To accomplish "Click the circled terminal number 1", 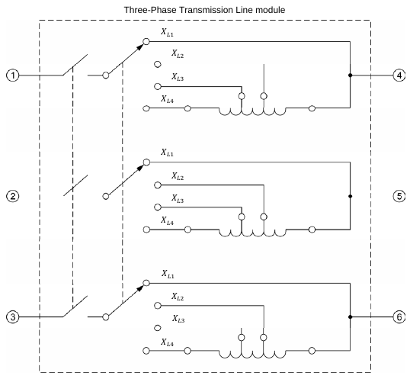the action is coord(12,75).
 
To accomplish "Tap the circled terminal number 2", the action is coord(12,196).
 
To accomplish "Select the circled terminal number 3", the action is coord(12,317).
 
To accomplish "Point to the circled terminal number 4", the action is coord(399,75).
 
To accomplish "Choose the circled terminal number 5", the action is coord(399,196).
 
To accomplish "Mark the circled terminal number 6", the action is coord(399,317).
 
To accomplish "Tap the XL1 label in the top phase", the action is coord(167,33).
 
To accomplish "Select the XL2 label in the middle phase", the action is coord(178,176).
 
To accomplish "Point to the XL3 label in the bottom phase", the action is coord(178,319).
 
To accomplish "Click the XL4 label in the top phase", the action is coord(167,99).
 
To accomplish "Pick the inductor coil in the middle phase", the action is coord(252,233).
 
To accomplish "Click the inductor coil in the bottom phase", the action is coord(252,355).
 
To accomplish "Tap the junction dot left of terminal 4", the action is coord(351,75).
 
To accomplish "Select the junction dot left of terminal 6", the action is coord(351,317).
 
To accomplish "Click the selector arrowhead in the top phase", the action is coord(141,47).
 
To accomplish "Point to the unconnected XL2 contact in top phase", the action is coord(158,64).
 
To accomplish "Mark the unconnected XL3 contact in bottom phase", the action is coord(158,328).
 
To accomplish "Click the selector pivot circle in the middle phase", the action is coord(106,196).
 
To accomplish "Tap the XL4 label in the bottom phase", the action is coord(167,342).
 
